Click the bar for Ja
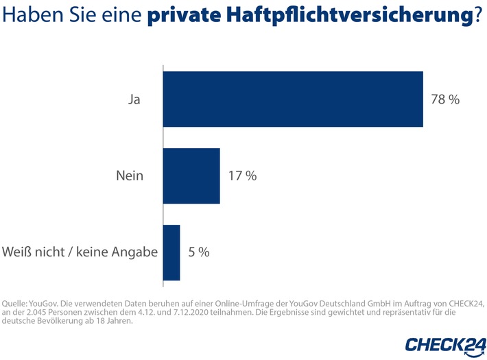[293, 99]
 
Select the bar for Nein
[191, 176]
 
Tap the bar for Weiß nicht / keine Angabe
[171, 252]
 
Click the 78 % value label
[445, 99]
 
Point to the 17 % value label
[242, 176]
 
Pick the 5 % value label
[199, 252]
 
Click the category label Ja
[135, 99]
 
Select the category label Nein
[130, 176]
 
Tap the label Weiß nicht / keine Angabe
[80, 252]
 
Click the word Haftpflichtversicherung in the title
[350, 16]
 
